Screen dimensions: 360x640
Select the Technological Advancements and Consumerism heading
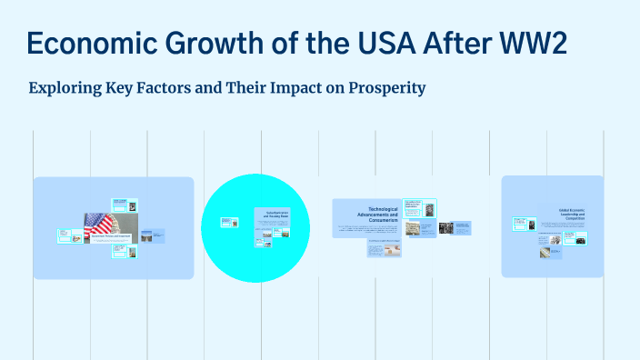point(364,211)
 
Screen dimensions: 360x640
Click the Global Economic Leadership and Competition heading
point(571,215)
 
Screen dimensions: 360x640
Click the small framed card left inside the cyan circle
point(226,222)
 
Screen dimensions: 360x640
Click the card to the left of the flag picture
point(66,235)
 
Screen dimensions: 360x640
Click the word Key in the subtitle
point(125,89)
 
